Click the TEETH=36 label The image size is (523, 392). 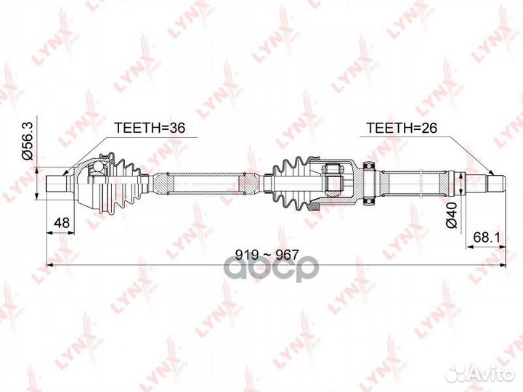pyautogui.click(x=149, y=128)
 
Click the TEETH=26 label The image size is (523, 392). pyautogui.click(x=401, y=128)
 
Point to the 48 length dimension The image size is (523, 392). pyautogui.click(x=61, y=222)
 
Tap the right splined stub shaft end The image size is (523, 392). pyautogui.click(x=496, y=183)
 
